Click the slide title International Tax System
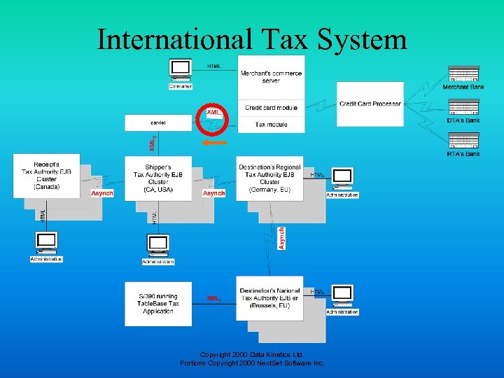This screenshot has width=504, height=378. (252, 39)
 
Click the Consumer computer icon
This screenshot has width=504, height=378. (181, 70)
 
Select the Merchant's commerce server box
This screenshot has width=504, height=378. (271, 77)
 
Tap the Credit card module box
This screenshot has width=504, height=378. (271, 108)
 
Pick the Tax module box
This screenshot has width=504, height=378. (271, 125)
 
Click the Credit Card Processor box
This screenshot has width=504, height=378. (370, 104)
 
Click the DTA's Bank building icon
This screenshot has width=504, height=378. (463, 108)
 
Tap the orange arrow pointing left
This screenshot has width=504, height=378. (213, 142)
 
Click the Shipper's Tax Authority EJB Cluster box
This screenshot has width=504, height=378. (158, 178)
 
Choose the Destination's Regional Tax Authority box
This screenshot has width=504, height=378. (269, 178)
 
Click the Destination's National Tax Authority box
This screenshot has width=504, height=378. (269, 302)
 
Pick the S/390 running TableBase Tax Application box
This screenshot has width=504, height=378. (158, 302)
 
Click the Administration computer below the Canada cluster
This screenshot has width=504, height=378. (47, 243)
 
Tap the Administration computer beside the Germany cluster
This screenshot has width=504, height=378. (342, 179)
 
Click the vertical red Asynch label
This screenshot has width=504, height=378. (282, 238)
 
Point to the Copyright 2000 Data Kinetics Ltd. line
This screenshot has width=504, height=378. (252, 355)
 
